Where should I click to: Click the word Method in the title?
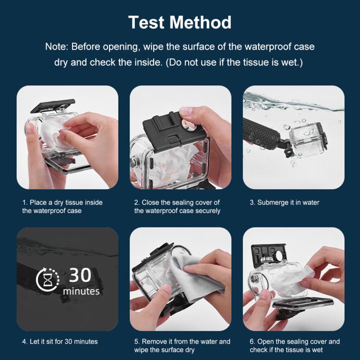coord(204,22)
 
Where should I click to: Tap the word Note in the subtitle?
coord(57,47)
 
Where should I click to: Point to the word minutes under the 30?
coord(81,291)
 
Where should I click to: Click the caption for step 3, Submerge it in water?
coord(284,203)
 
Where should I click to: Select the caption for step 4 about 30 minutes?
coord(60,342)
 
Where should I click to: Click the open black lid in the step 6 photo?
coord(269,254)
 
